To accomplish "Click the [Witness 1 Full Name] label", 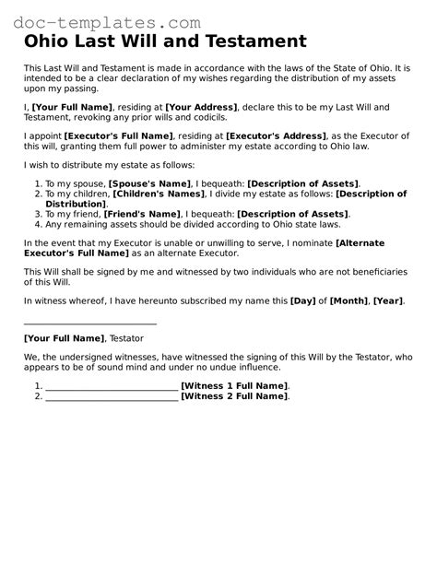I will (234, 385).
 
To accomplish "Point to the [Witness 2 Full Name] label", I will (234, 396).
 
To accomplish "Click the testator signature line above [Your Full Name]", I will (89, 324).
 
